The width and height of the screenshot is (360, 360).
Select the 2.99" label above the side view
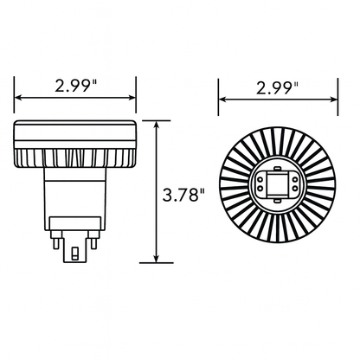click(75, 86)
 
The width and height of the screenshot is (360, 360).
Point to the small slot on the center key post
click(76, 256)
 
